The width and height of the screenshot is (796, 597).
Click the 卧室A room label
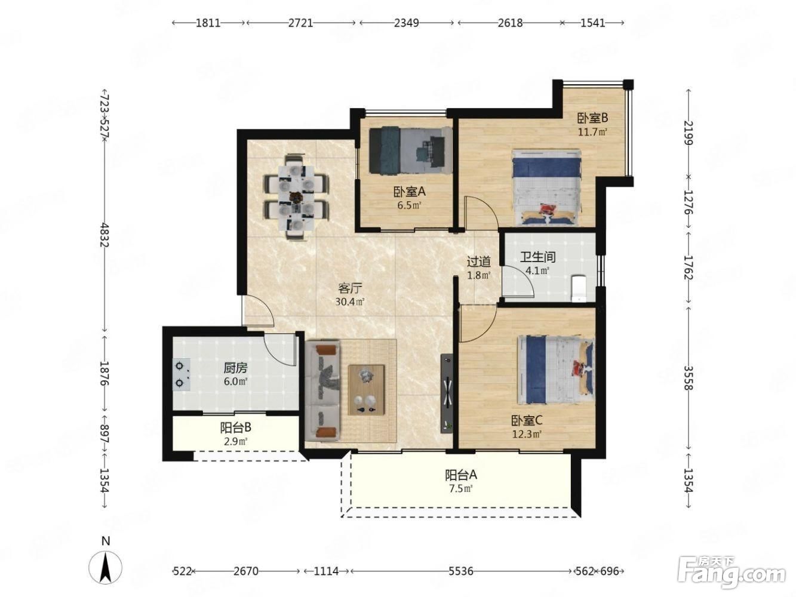(408, 192)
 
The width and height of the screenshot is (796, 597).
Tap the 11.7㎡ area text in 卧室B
(592, 131)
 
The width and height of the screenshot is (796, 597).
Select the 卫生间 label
(537, 257)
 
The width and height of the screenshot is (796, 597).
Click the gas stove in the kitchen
(182, 374)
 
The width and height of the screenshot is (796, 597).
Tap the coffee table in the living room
(365, 390)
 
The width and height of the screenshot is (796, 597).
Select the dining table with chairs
(296, 197)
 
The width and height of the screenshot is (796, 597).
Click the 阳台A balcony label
(460, 475)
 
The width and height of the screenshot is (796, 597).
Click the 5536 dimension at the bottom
(460, 571)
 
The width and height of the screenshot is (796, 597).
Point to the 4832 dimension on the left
(105, 235)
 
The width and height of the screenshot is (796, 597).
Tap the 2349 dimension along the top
(406, 23)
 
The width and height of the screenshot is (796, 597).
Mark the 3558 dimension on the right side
(688, 378)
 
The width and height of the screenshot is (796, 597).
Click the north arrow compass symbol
(105, 567)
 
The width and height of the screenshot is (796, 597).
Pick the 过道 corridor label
(479, 261)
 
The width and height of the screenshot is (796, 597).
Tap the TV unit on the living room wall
(447, 393)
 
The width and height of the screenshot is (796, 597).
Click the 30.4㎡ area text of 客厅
(349, 301)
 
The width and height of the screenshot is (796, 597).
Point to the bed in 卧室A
(410, 150)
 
